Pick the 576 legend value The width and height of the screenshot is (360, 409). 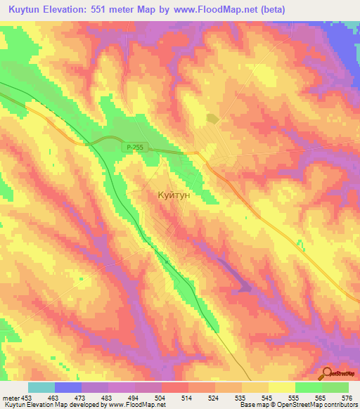(346, 398)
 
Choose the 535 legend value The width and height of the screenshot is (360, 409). (241, 398)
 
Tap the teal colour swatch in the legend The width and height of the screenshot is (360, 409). (41, 387)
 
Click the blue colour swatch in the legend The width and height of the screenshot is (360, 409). (67, 387)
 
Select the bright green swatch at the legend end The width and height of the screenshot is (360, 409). (335, 387)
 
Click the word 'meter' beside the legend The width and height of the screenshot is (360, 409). (11, 398)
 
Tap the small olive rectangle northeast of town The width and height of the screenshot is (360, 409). (212, 119)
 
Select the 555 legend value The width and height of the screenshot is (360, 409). (295, 398)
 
